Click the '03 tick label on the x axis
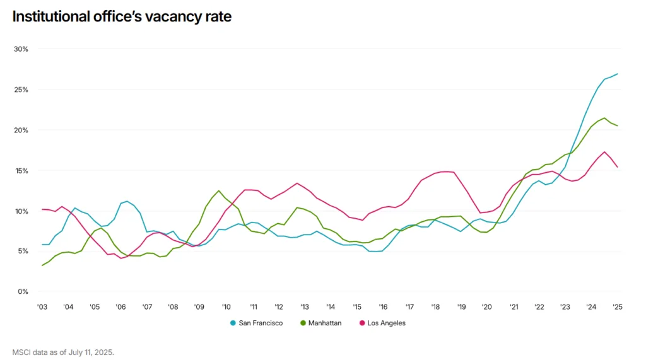pos(42,307)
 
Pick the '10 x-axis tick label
pos(226,307)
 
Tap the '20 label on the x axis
pos(486,307)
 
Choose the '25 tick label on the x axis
pos(617,307)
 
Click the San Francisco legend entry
pos(261,323)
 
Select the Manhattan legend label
pos(326,323)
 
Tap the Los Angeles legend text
pos(387,323)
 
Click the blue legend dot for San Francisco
pos(233,323)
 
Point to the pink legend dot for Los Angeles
pos(362,323)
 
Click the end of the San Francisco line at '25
pos(617,74)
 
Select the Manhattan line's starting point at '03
pos(42,265)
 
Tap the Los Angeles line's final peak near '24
pos(605,152)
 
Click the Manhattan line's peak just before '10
pos(219,190)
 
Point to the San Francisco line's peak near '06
pos(127,201)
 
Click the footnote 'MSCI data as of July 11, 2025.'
pos(63,352)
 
